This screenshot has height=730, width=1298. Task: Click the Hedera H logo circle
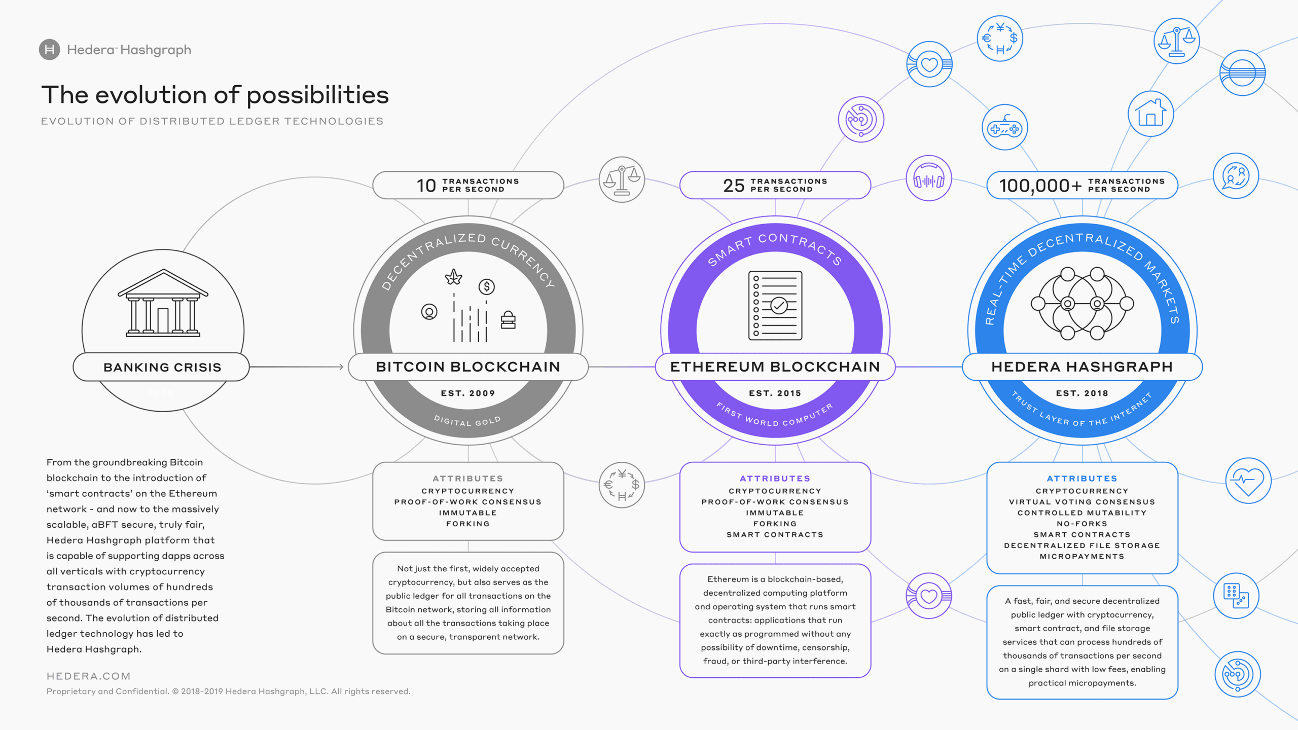[x=49, y=50]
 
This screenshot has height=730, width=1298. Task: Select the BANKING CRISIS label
[x=162, y=367]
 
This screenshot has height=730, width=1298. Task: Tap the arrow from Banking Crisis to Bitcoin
[x=297, y=367]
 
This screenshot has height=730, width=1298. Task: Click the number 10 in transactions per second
[x=426, y=186]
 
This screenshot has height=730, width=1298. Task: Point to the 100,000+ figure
[x=1040, y=186]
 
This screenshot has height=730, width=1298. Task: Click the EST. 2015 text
[x=775, y=393]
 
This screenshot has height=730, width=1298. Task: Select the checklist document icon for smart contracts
[x=775, y=305]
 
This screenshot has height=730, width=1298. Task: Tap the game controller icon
[x=1004, y=128]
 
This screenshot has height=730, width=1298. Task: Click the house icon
[x=1150, y=114]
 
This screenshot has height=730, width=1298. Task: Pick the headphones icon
[x=928, y=178]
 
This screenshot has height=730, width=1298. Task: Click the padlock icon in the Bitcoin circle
[x=508, y=320]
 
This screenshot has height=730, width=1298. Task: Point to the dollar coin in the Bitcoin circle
[x=487, y=287]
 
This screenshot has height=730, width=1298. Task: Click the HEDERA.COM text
[x=89, y=676]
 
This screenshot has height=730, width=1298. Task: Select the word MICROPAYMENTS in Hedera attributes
[x=1082, y=556]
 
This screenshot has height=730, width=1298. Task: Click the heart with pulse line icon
[x=1248, y=480]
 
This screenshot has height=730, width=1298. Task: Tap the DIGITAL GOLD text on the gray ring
[x=467, y=421]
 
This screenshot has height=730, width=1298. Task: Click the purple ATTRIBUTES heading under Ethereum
[x=775, y=478]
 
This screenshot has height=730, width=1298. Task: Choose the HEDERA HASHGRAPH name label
[x=1082, y=367]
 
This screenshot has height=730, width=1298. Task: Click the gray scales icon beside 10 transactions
[x=622, y=179]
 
